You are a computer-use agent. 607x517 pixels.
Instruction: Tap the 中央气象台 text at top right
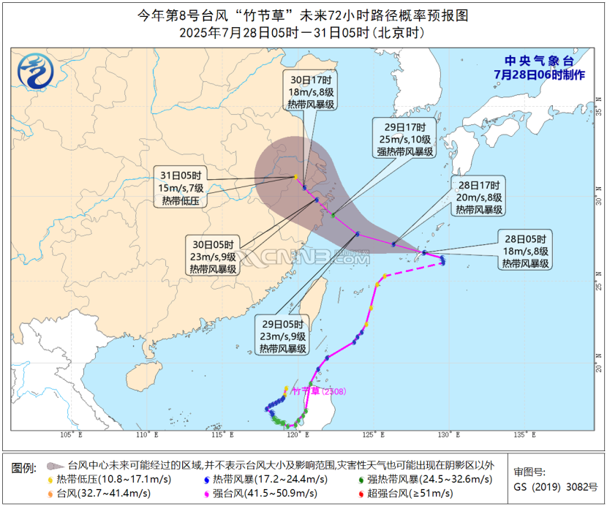[540, 61]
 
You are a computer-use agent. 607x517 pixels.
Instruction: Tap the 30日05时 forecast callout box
[214, 257]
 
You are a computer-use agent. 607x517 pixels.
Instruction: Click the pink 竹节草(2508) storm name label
[319, 391]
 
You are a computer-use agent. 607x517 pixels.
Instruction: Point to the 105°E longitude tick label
[72, 434]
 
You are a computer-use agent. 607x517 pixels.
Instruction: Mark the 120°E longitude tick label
[296, 434]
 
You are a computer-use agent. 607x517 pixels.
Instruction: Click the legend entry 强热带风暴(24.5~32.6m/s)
[428, 479]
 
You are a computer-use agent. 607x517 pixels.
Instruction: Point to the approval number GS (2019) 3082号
[555, 487]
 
